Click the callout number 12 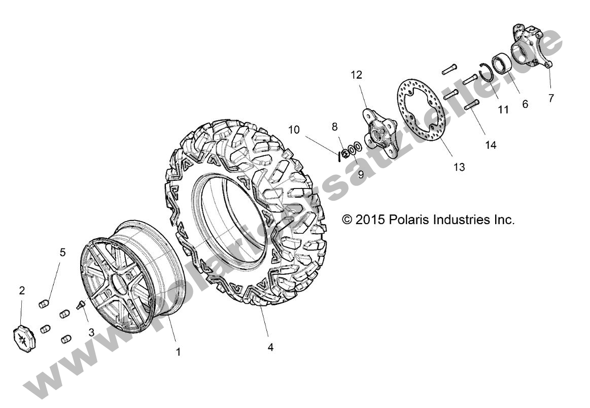[356, 75]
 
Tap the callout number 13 [459, 167]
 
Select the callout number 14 [491, 145]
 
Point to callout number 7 [551, 98]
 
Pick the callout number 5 [62, 252]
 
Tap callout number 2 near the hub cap [22, 290]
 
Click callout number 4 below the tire [270, 348]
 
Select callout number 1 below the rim [179, 352]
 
